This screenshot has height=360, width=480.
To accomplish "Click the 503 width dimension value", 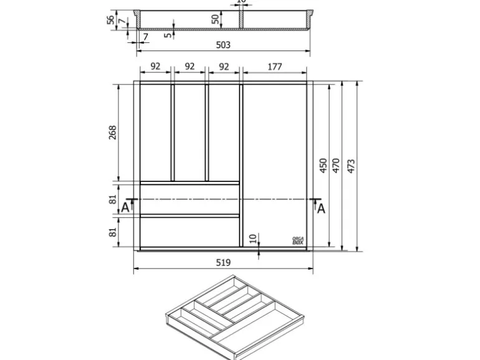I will [x=223, y=45].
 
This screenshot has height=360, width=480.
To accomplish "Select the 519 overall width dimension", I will [x=223, y=263].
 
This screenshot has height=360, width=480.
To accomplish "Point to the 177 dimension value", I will [x=275, y=67].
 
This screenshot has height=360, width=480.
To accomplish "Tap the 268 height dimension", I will [x=113, y=133].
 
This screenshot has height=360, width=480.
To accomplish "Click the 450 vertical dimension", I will [x=323, y=166].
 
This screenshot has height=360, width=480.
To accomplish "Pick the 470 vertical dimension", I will [x=337, y=166].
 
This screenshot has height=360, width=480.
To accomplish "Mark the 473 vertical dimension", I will [x=351, y=166].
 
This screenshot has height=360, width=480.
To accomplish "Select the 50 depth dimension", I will [x=216, y=19].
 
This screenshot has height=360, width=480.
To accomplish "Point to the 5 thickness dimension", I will [x=168, y=35].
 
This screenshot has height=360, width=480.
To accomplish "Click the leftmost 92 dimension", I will [x=155, y=67].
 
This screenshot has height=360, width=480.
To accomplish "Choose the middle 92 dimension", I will [x=190, y=67].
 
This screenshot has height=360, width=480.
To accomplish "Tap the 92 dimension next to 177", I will [x=224, y=67].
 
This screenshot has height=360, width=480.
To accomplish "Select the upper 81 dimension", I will [x=113, y=199].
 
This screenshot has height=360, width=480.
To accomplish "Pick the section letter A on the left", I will [x=125, y=208].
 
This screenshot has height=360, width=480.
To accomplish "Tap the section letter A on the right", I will [x=321, y=209].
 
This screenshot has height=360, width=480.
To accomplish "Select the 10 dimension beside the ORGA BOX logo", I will [x=252, y=239].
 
